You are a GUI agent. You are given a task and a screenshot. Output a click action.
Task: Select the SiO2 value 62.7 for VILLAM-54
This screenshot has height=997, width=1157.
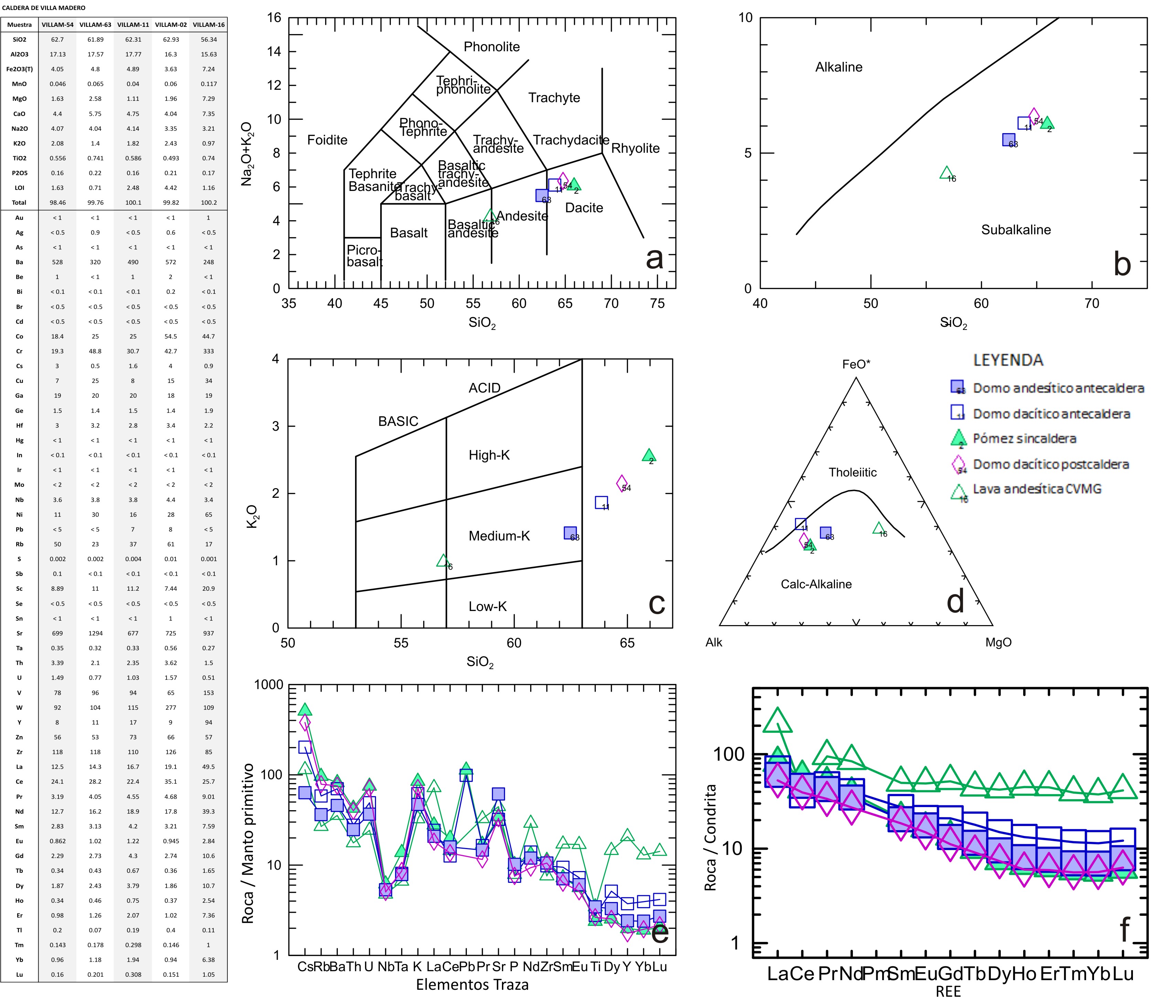pos(57,40)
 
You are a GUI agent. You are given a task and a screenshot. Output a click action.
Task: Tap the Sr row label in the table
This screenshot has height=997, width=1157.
pos(19,633)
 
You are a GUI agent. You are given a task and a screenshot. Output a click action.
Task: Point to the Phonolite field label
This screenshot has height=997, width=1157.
pos(491,47)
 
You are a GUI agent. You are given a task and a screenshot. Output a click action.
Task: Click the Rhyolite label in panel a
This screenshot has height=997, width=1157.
pos(635,149)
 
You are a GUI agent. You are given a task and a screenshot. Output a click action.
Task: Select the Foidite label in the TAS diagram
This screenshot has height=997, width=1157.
pos(327,140)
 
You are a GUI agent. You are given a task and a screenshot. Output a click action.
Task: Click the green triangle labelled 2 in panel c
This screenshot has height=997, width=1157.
pos(648,455)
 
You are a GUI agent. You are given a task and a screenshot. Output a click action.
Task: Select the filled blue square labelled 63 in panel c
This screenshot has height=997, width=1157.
pos(570,533)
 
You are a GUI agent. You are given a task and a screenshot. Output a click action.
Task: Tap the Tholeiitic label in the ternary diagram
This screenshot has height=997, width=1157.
pos(852,473)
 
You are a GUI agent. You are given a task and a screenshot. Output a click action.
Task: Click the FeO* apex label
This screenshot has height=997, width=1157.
pos(856,365)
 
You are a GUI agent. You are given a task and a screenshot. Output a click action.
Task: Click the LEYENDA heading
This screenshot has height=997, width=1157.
pos(1008,361)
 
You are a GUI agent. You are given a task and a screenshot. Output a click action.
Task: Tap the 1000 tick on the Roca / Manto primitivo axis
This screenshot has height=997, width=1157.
pos(269,685)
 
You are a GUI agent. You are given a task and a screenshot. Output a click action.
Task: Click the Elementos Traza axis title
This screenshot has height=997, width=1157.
pos(472,984)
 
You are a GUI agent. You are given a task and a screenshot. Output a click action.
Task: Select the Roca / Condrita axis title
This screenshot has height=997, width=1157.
pos(710,837)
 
